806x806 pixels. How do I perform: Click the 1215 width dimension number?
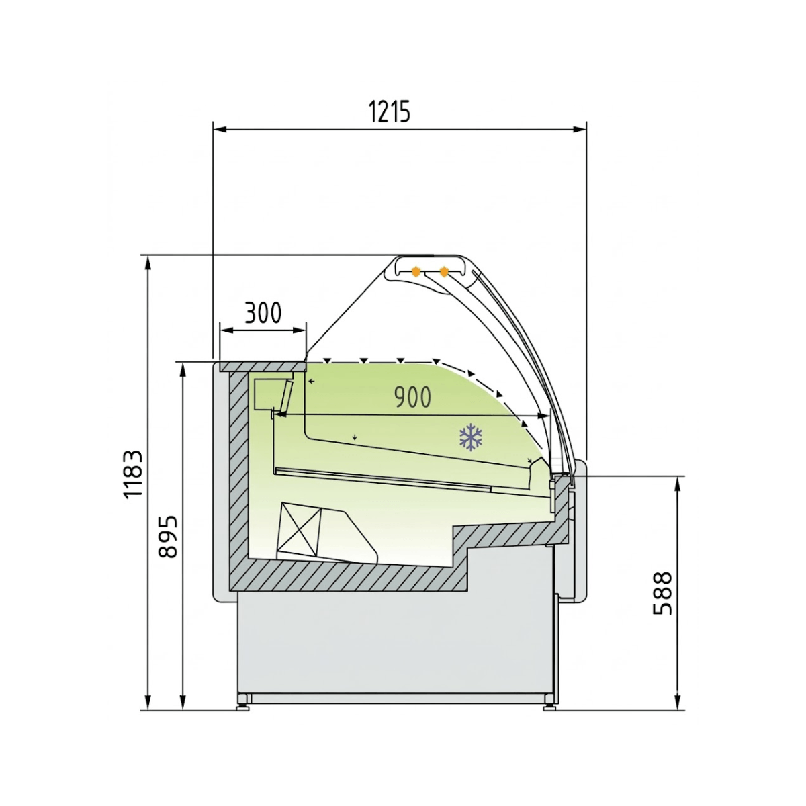point(389,112)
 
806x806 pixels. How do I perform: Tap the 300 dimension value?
point(263,312)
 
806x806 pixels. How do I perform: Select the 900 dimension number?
point(412,397)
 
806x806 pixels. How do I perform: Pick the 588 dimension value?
point(662,593)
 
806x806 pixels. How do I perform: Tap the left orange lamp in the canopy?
point(415,271)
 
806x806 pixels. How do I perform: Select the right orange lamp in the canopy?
point(444,271)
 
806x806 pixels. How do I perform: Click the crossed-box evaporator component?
point(300,529)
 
